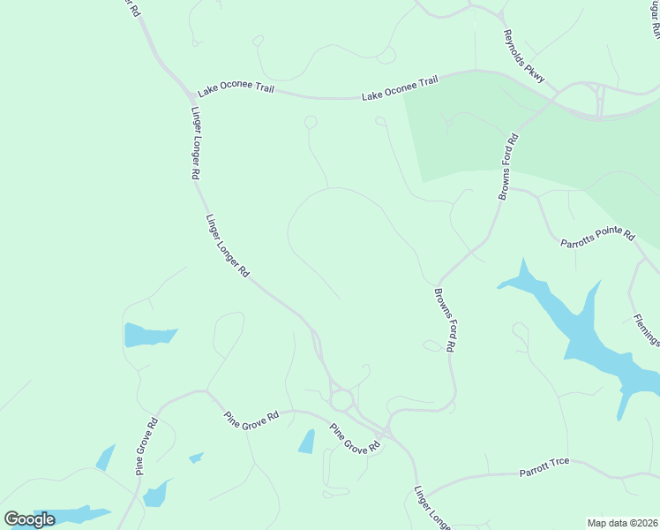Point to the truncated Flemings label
645,329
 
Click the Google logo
29,519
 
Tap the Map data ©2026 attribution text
622,522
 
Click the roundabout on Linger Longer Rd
341,400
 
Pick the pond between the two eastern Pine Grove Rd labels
306,441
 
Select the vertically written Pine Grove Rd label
146,447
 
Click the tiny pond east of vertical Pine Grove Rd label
196,458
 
